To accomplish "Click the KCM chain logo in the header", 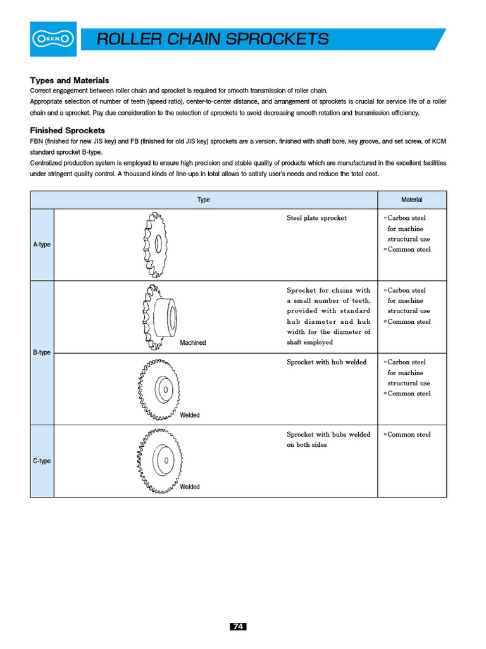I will coord(53,39).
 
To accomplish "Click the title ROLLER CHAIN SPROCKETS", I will coord(213,39).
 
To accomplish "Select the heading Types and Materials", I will coord(70,80).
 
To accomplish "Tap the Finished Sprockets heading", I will coord(67,130).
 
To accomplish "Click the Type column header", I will coord(204,200).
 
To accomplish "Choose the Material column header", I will coord(411,200).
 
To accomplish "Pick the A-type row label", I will coord(42,245).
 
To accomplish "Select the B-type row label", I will coord(42,352).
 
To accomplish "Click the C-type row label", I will coord(42,461).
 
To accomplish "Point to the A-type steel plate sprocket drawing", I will coord(158,244).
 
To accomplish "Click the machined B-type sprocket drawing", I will coord(161,315).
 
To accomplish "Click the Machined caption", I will coord(193,343).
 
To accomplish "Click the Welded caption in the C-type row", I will coord(190,487).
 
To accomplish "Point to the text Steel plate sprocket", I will coord(316,218).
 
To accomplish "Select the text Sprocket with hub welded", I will coord(327,363).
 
